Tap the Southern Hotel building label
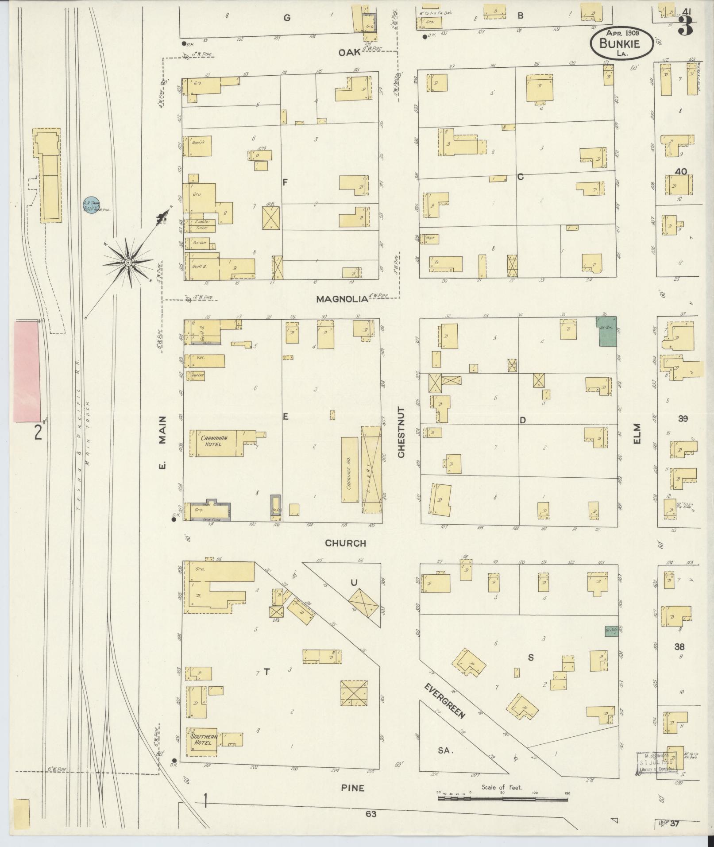(x=204, y=740)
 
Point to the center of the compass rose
(x=128, y=263)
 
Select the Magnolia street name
(x=342, y=299)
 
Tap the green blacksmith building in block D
(x=607, y=332)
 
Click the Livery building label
(x=372, y=469)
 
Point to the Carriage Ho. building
(x=350, y=469)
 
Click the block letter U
(x=354, y=582)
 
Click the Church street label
(x=345, y=543)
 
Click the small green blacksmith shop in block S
(x=611, y=631)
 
